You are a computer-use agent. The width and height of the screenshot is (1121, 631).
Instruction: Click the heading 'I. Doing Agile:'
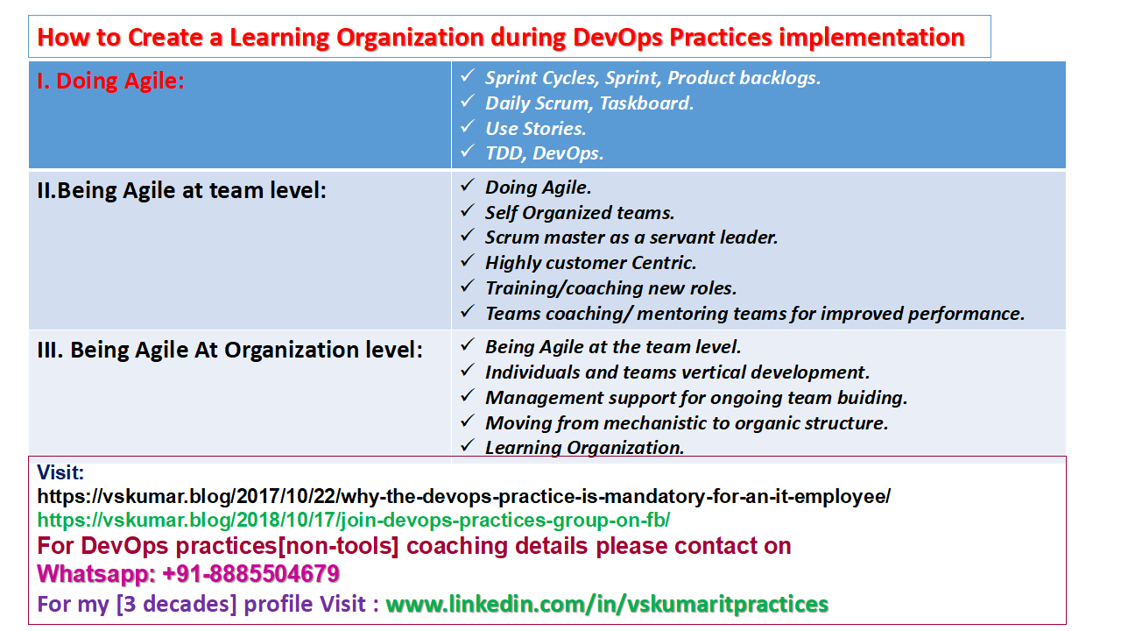pyautogui.click(x=111, y=82)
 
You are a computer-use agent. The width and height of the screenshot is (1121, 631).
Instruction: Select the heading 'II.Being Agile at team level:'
pyautogui.click(x=181, y=189)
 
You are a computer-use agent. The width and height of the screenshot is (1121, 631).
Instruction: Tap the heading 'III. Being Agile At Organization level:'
pyautogui.click(x=229, y=350)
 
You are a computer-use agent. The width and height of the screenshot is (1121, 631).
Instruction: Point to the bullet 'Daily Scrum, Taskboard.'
pyautogui.click(x=589, y=103)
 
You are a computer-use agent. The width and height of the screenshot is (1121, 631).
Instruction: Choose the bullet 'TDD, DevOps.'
pyautogui.click(x=544, y=153)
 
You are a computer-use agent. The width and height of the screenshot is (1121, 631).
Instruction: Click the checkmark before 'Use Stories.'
pyautogui.click(x=468, y=127)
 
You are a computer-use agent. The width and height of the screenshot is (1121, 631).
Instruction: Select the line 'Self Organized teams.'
pyautogui.click(x=580, y=212)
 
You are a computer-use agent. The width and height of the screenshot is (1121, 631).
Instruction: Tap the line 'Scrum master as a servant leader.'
pyautogui.click(x=631, y=238)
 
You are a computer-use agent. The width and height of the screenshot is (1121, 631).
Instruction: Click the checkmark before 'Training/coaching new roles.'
pyautogui.click(x=468, y=287)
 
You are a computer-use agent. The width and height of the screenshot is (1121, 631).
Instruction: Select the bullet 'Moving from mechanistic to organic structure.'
pyautogui.click(x=687, y=423)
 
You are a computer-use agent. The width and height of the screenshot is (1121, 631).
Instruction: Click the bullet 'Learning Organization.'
pyautogui.click(x=584, y=448)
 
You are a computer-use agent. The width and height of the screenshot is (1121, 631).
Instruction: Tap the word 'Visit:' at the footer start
pyautogui.click(x=60, y=473)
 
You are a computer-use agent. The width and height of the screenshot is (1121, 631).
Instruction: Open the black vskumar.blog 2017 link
pyautogui.click(x=463, y=497)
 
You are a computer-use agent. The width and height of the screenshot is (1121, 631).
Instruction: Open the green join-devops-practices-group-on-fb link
pyautogui.click(x=353, y=521)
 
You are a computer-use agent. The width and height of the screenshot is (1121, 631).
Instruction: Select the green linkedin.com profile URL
pyautogui.click(x=607, y=604)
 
